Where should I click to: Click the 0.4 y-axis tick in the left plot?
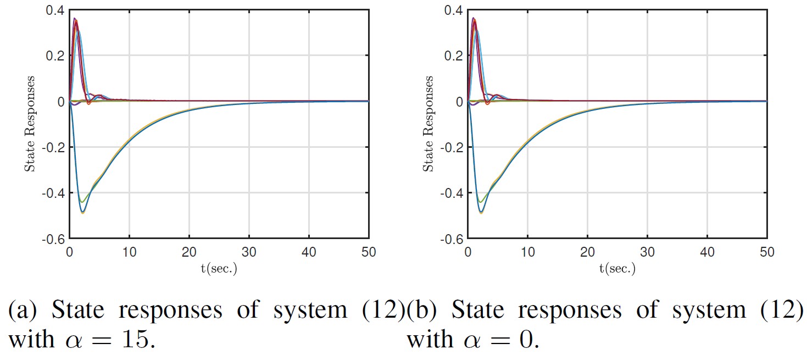[55, 10]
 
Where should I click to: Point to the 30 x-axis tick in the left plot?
[249, 252]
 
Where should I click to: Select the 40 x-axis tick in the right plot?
[707, 252]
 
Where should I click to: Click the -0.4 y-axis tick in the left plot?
[53, 193]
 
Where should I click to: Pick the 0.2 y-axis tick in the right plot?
[454, 56]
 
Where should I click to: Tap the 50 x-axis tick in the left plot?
[368, 252]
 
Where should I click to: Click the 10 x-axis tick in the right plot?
[527, 252]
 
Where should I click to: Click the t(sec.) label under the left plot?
[219, 269]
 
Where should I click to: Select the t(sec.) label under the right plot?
[617, 269]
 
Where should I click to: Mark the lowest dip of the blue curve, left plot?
[82, 212]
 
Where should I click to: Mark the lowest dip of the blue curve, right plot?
[481, 212]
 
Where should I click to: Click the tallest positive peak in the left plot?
[75, 18]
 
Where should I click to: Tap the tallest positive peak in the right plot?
[474, 18]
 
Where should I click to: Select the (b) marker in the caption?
[421, 311]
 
